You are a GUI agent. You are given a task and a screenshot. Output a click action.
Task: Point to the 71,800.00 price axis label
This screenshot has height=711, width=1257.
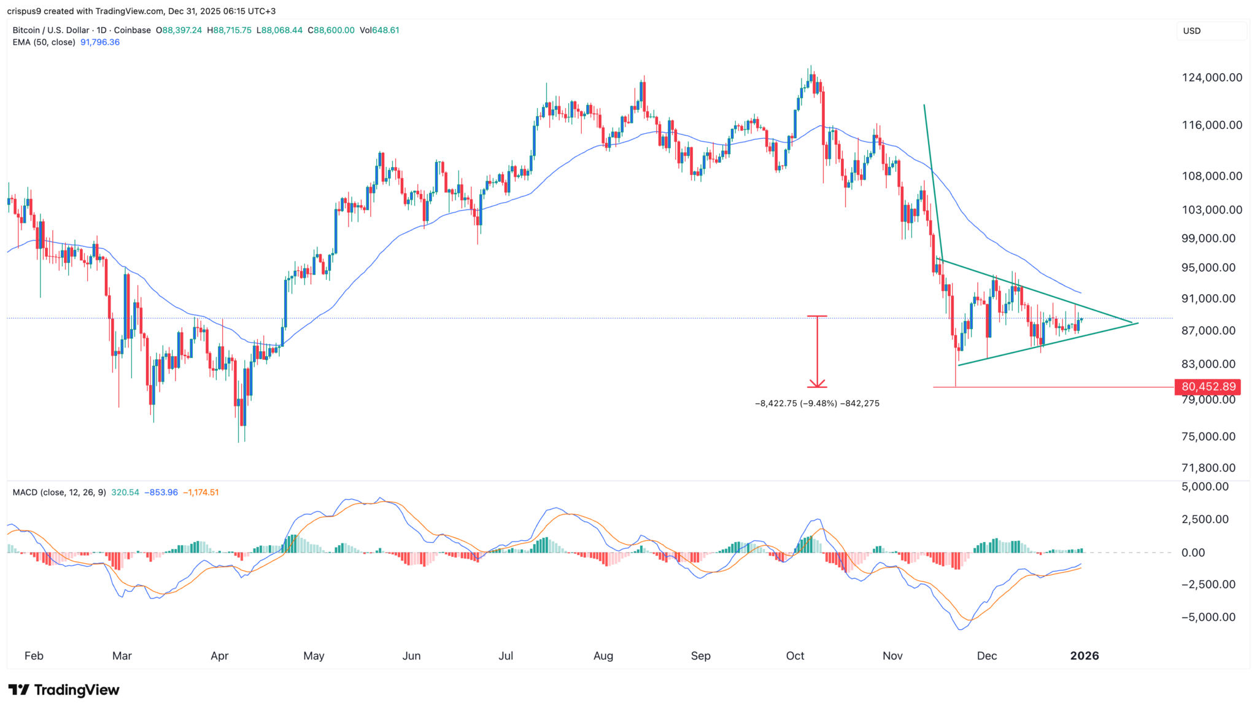(1208, 468)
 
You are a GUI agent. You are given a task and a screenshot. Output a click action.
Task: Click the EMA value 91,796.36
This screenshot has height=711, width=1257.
(100, 42)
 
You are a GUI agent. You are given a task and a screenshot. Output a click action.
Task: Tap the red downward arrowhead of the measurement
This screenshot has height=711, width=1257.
(817, 384)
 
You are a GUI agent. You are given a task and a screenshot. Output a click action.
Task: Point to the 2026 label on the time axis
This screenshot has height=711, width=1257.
(1084, 656)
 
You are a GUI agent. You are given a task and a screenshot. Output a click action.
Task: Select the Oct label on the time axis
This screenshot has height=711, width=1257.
(795, 656)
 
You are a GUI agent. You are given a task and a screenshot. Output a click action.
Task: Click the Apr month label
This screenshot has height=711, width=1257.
(219, 656)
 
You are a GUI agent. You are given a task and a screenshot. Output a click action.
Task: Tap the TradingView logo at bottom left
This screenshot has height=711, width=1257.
(64, 690)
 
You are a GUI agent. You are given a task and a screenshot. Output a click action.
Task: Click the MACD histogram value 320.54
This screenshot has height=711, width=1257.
(125, 492)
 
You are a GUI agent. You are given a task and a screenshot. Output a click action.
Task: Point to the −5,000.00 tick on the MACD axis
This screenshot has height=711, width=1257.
(1208, 617)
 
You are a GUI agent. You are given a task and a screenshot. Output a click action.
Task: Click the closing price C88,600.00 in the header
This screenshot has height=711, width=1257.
(331, 30)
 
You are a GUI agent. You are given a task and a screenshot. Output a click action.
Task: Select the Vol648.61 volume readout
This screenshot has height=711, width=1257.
(379, 30)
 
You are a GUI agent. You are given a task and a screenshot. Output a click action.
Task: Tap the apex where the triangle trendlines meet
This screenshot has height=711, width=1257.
(1132, 322)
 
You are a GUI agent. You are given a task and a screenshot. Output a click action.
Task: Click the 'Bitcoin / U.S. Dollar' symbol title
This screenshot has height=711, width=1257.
(50, 30)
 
